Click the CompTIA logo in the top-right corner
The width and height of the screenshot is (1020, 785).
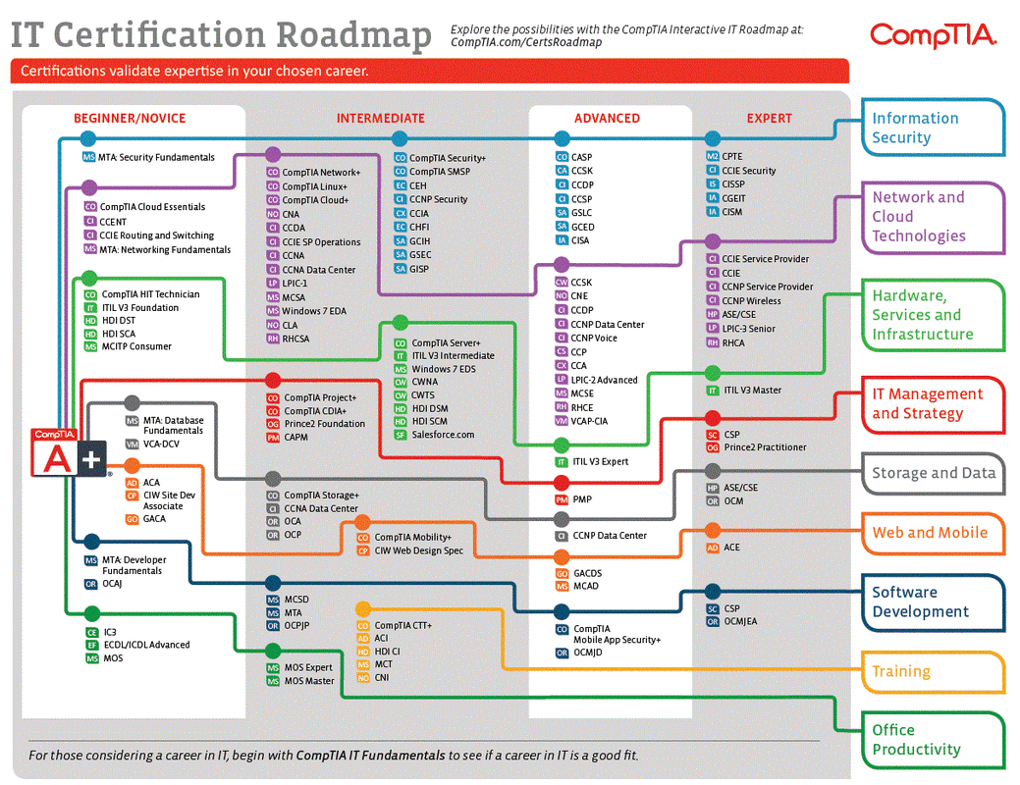click(933, 35)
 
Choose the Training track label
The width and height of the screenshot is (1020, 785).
click(900, 672)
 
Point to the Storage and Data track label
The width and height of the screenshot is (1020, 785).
click(933, 473)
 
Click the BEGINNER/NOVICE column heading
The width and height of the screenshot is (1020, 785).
click(130, 118)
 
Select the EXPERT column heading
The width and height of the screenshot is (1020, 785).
click(769, 118)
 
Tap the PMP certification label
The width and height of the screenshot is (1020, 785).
click(582, 499)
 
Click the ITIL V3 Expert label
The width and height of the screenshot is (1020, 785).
click(601, 461)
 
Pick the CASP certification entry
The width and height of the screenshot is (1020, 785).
click(581, 157)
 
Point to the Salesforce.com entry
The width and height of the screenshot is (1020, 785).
click(443, 435)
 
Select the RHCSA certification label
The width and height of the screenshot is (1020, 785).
click(295, 339)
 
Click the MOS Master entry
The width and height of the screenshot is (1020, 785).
click(309, 681)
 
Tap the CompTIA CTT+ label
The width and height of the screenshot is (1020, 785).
click(403, 625)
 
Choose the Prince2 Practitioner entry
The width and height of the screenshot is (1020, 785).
click(765, 447)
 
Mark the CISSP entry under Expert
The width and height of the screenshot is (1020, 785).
click(732, 184)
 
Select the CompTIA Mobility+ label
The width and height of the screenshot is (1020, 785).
click(412, 538)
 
